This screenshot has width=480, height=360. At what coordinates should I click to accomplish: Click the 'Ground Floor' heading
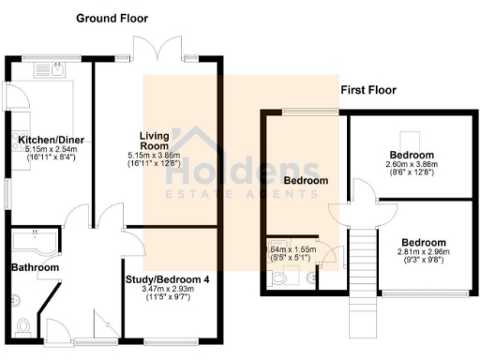tap(112, 18)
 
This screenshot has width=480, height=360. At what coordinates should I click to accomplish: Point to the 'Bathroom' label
tap(35, 268)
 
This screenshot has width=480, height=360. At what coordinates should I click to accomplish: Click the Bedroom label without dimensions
tap(306, 179)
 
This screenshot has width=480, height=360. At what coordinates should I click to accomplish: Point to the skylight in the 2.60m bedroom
tap(411, 134)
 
